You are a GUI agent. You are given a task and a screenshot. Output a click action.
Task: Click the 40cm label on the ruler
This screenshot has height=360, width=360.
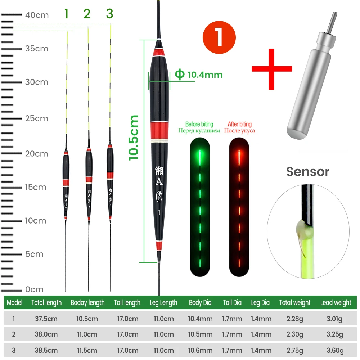(x=36, y=15)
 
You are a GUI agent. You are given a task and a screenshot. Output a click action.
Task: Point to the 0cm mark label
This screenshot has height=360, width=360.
(x=34, y=289)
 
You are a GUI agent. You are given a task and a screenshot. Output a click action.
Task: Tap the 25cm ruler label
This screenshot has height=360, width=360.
(x=36, y=118)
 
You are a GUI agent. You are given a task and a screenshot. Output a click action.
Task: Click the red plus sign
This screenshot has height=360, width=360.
(x=271, y=68)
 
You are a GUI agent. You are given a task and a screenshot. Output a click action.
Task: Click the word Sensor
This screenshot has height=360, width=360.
(x=308, y=172)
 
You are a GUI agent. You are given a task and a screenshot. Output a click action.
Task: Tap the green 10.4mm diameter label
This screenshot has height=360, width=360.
(x=199, y=75)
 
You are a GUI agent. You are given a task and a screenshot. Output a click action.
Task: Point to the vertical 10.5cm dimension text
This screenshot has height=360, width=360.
(x=134, y=137)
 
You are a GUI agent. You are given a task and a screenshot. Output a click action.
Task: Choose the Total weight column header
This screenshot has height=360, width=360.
(x=295, y=303)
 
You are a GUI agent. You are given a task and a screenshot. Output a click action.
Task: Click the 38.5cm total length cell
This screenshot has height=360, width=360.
(x=45, y=350)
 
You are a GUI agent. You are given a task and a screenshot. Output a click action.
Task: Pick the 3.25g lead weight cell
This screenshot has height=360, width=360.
(x=335, y=334)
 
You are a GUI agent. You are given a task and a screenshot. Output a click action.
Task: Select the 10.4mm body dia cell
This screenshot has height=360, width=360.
(x=200, y=319)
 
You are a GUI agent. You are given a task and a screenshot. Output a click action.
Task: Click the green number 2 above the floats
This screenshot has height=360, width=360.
(x=87, y=14)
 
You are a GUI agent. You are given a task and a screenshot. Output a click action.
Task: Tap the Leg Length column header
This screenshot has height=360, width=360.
(x=163, y=303)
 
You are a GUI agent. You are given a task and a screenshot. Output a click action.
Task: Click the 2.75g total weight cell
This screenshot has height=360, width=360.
(x=294, y=350)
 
